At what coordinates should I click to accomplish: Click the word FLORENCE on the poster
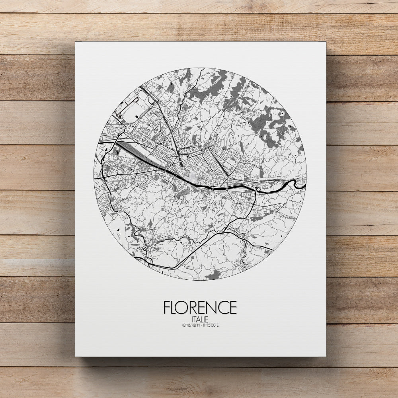click(x=200, y=308)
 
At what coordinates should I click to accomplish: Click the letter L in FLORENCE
click(x=174, y=308)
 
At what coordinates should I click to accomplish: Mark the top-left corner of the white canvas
click(x=76, y=42)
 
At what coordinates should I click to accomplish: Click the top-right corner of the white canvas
click(x=326, y=42)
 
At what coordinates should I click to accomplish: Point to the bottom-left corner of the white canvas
click(x=76, y=356)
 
